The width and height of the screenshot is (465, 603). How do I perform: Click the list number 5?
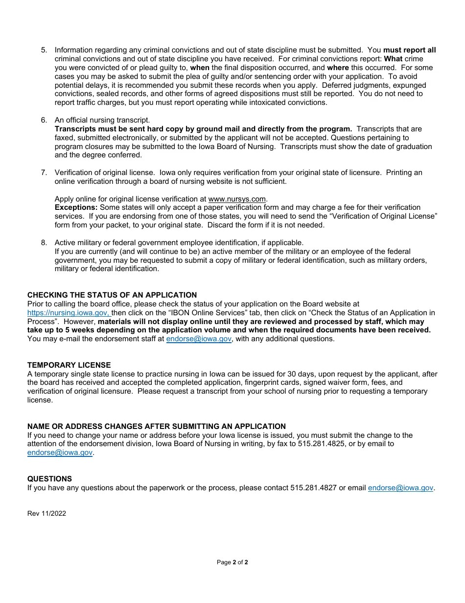pyautogui.click(x=44, y=50)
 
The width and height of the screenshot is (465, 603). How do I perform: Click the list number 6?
pyautogui.click(x=44, y=120)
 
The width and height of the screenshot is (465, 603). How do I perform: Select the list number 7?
pyautogui.click(x=44, y=173)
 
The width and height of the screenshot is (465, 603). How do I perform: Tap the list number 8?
pyautogui.click(x=44, y=243)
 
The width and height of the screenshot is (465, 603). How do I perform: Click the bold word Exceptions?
pyautogui.click(x=76, y=207)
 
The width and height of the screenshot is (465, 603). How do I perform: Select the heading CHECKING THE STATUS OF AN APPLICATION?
pyautogui.click(x=112, y=295)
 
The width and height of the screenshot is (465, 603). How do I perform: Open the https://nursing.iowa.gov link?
pyautogui.click(x=69, y=313)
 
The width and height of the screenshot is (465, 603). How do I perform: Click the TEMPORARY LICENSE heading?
pyautogui.click(x=69, y=365)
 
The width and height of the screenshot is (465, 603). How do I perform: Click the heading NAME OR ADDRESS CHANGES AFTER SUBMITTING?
pyautogui.click(x=157, y=427)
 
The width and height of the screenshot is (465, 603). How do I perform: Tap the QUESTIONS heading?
pyautogui.click(x=49, y=479)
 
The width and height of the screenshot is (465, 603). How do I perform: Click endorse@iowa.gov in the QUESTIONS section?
pyautogui.click(x=400, y=488)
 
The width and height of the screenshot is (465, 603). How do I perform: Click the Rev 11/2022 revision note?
pyautogui.click(x=46, y=514)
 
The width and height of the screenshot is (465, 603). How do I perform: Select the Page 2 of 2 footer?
pyautogui.click(x=232, y=562)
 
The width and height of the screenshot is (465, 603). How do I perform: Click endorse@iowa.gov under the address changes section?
pyautogui.click(x=60, y=452)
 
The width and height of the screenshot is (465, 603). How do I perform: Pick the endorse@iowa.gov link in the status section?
pyautogui.click(x=199, y=339)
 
